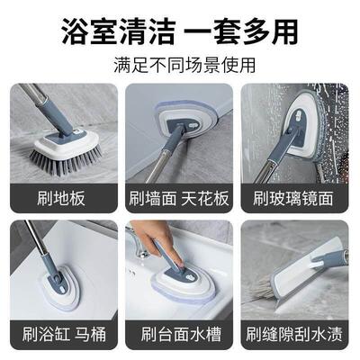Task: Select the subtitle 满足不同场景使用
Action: (179, 65)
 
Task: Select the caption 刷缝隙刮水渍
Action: (297, 336)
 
